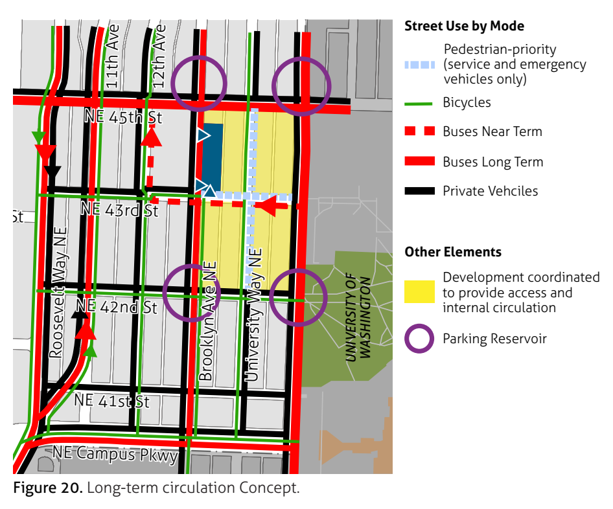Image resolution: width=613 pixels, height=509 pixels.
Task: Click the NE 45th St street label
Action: [123, 117]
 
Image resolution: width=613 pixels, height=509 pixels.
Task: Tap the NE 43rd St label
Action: [119, 210]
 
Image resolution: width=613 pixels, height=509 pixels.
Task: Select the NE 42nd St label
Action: [117, 307]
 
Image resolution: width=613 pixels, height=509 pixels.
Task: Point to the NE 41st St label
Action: [111, 401]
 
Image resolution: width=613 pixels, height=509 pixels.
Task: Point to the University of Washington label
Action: [358, 318]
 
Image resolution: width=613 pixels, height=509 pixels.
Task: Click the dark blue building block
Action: [213, 154]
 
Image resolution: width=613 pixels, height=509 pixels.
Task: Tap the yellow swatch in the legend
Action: [419, 291]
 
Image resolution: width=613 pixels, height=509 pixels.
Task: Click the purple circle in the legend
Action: [419, 339]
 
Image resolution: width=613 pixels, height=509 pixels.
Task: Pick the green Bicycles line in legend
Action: [419, 103]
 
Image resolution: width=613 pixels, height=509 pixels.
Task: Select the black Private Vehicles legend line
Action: [419, 191]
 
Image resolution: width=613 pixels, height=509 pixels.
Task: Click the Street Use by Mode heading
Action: [464, 27]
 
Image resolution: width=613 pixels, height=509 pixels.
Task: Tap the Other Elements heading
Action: [453, 252]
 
